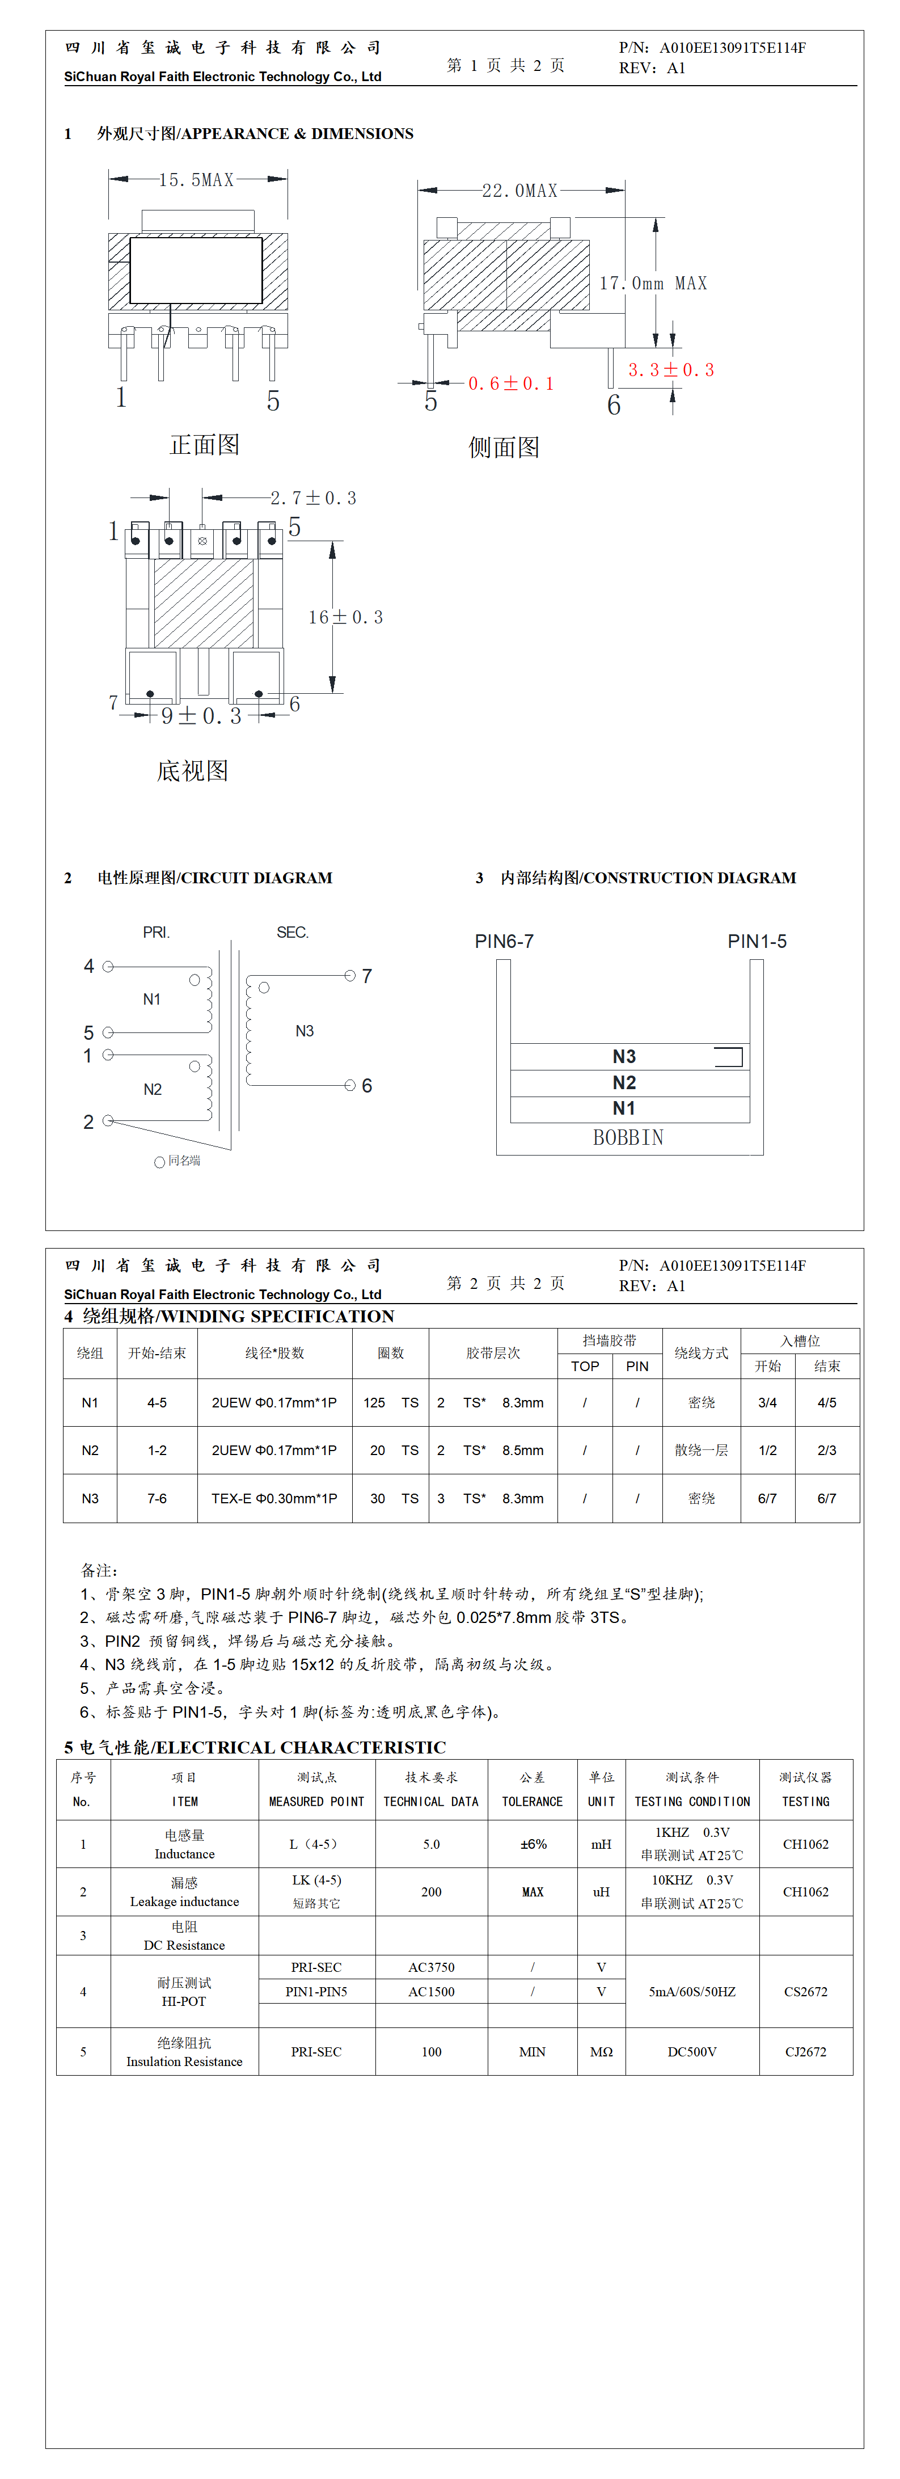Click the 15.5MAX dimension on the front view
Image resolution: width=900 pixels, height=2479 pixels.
pos(196,180)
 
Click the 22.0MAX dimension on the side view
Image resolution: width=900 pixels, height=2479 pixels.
pos(520,191)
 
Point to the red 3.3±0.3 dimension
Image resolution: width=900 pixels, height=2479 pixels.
pos(671,369)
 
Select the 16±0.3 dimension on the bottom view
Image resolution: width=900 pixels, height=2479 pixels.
pos(345,617)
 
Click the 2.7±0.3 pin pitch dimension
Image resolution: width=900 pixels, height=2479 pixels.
pos(313,498)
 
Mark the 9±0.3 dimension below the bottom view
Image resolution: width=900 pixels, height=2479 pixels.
pos(201,716)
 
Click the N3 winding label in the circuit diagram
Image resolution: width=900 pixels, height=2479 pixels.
pos(304,1031)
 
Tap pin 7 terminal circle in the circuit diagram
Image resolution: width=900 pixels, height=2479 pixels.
pos(350,976)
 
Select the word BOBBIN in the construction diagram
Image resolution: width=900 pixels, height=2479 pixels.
pos(628,1137)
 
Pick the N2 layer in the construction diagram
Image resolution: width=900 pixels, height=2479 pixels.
pos(624,1082)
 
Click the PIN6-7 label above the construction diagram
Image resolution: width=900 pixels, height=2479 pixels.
pos(504,941)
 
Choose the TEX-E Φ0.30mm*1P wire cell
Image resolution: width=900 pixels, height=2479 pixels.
pos(274,1498)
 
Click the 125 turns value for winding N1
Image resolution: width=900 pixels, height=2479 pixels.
pos(374,1402)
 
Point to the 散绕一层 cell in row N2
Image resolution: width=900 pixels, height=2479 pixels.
pos(701,1451)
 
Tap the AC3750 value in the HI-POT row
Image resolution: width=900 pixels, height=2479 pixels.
pos(431,1967)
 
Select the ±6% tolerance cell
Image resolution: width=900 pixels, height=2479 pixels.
pos(533,1844)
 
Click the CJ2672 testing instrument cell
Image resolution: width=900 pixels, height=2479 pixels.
pos(806,2052)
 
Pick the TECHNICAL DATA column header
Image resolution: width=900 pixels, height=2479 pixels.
pos(431,1802)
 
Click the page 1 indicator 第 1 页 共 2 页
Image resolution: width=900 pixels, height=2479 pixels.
pos(505,65)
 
